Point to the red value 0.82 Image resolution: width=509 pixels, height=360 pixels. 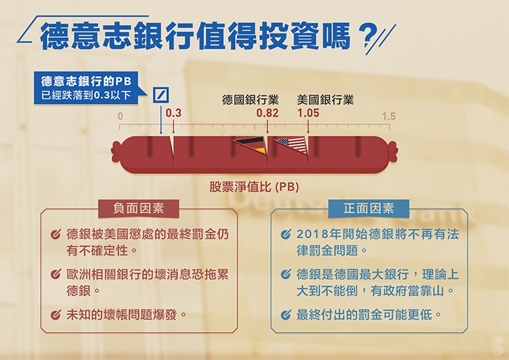[x=267, y=113]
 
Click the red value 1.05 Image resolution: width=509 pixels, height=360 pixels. [x=308, y=113]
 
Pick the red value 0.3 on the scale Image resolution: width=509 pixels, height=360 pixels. [x=174, y=113]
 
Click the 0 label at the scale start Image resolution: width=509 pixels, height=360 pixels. [x=120, y=117]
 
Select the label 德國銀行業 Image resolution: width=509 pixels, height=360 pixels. [x=250, y=100]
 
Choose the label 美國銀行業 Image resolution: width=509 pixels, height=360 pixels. [x=325, y=100]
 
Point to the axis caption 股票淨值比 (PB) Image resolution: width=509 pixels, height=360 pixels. [x=254, y=185]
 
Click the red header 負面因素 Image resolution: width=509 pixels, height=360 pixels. [x=140, y=207]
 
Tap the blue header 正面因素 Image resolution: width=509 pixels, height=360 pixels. [x=370, y=207]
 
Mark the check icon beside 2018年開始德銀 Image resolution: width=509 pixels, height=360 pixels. [x=286, y=235]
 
